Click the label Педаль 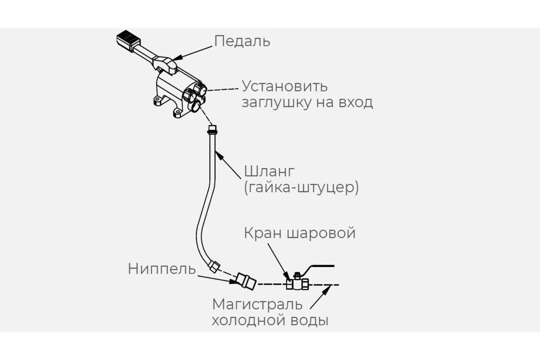point(242,41)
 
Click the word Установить point(285,86)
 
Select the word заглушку point(277,103)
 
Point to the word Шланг point(269,171)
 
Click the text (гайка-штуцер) point(301,187)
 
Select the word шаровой point(321,233)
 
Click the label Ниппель point(162,269)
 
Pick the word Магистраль point(257,304)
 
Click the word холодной point(249,321)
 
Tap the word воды point(310,321)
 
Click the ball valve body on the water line point(297,283)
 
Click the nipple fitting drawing point(246,281)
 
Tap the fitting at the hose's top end point(212,130)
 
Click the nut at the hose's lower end point(214,266)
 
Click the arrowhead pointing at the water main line point(327,289)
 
